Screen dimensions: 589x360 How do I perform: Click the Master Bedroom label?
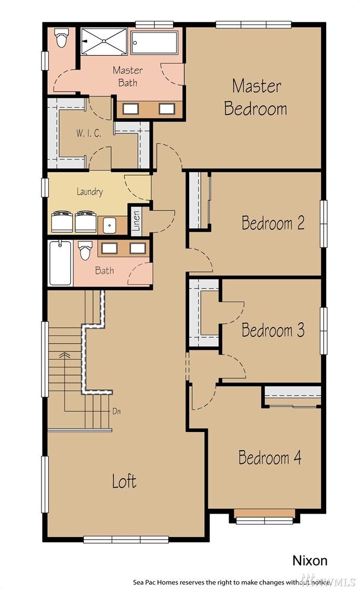pos(255,97)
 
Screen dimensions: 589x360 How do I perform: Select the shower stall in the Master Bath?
pos(103,41)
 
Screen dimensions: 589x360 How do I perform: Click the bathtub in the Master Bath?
pos(156,42)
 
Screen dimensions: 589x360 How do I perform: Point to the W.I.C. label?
pos(88,134)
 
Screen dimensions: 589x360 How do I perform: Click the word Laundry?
pos(90,192)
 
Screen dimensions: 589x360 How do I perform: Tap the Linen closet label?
pos(136,221)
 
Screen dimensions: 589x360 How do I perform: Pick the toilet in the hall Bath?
pos(85,251)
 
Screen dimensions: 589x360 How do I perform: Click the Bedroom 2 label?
pos(273,224)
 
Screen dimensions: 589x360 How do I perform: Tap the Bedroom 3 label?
pos(273,331)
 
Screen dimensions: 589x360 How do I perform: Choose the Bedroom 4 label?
pos(270,458)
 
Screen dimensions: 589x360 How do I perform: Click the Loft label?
pos(125,481)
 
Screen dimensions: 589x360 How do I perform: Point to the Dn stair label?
pos(116,411)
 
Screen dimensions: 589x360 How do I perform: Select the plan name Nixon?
pos(310,560)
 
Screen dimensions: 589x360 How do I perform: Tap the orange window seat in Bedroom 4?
pos(265,513)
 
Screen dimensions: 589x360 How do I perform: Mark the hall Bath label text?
pos(104,271)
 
